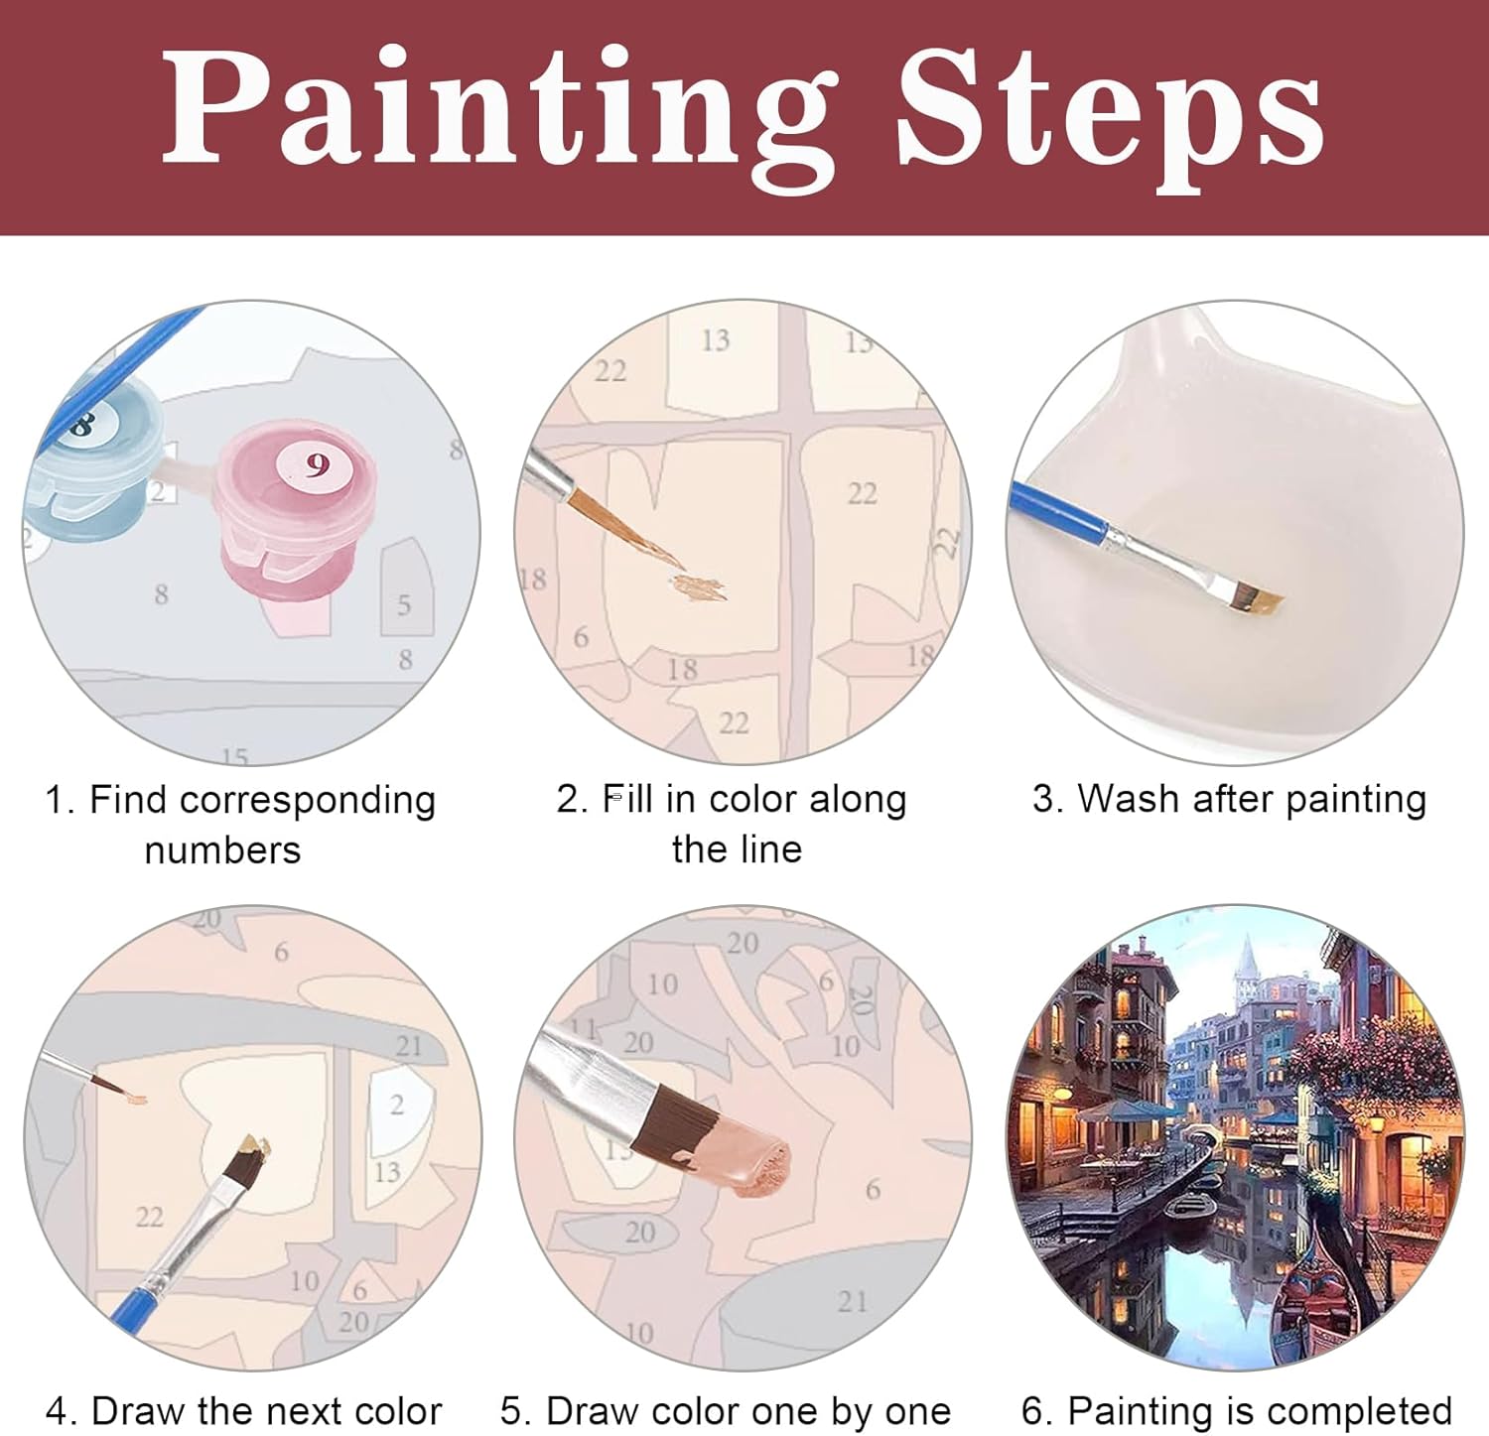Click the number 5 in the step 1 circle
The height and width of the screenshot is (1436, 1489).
[x=404, y=604]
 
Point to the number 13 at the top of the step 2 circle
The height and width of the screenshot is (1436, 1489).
[x=715, y=340]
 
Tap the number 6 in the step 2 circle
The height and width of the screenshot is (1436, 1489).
[x=581, y=636]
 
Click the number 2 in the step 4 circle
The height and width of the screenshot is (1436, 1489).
[x=397, y=1104]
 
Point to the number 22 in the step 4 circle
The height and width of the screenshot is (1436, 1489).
[x=149, y=1216]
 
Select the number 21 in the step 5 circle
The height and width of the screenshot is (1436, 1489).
[x=852, y=1301]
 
